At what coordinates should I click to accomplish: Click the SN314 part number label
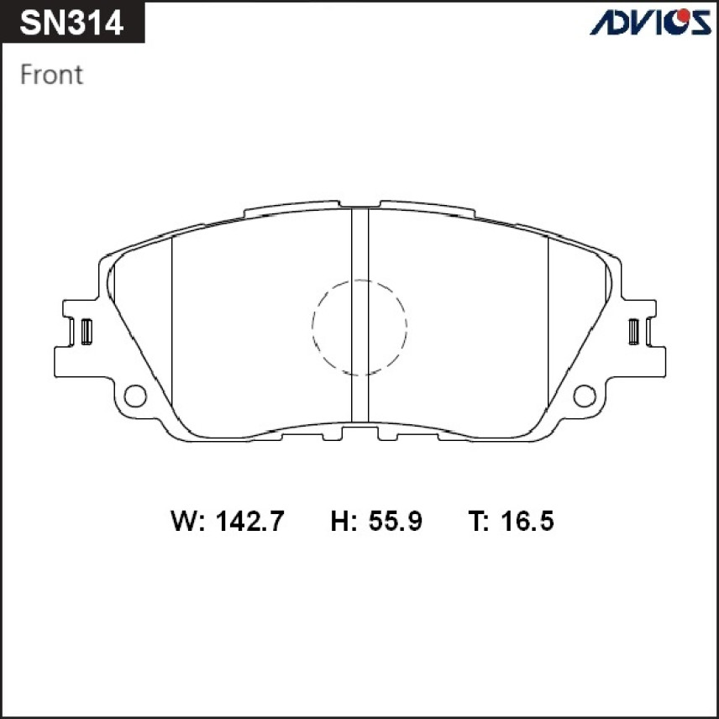(x=71, y=23)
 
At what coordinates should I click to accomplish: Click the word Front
(x=51, y=75)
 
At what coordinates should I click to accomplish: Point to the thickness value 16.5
(x=527, y=522)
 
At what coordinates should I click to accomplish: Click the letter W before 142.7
(x=185, y=522)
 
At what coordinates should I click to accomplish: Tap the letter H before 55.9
(x=341, y=522)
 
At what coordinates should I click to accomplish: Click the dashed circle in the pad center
(x=359, y=327)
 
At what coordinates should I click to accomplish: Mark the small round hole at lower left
(x=134, y=395)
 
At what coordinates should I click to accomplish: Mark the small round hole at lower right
(x=585, y=395)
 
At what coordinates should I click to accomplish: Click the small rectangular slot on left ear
(x=86, y=331)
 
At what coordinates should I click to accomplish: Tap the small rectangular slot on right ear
(x=634, y=331)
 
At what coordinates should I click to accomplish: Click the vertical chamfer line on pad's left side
(x=171, y=328)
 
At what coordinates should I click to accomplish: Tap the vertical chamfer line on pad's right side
(x=548, y=328)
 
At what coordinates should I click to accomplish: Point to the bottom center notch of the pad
(x=359, y=432)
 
